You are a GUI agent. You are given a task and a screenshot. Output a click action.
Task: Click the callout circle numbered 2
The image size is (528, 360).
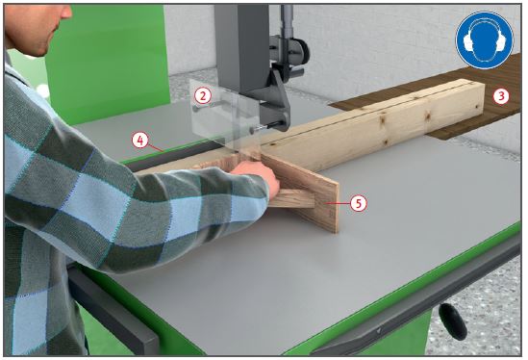202,96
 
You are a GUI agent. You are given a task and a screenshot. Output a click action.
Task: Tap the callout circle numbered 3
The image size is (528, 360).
501,96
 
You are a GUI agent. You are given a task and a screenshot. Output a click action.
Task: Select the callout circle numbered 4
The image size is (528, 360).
140,141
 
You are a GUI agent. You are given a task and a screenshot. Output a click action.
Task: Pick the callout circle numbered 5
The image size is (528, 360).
358,203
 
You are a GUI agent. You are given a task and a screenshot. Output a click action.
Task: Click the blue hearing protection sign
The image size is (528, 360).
485,40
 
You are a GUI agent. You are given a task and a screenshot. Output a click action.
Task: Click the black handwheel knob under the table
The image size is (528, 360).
453,321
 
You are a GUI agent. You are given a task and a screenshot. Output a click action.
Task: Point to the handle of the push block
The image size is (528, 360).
293,198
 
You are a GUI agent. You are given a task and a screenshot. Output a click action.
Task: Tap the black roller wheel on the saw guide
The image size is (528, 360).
301,51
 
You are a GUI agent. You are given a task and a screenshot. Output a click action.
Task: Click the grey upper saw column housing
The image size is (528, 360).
241,47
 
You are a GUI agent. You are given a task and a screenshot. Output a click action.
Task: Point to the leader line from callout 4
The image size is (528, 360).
156,147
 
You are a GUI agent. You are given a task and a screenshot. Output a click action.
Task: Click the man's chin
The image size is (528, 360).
42,51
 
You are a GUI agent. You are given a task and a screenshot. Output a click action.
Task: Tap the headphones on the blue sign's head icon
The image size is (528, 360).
484,39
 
